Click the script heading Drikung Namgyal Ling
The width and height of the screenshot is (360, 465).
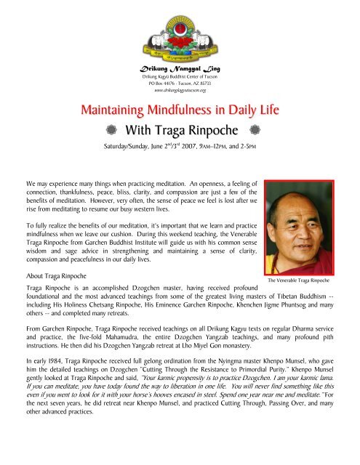[180, 68]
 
